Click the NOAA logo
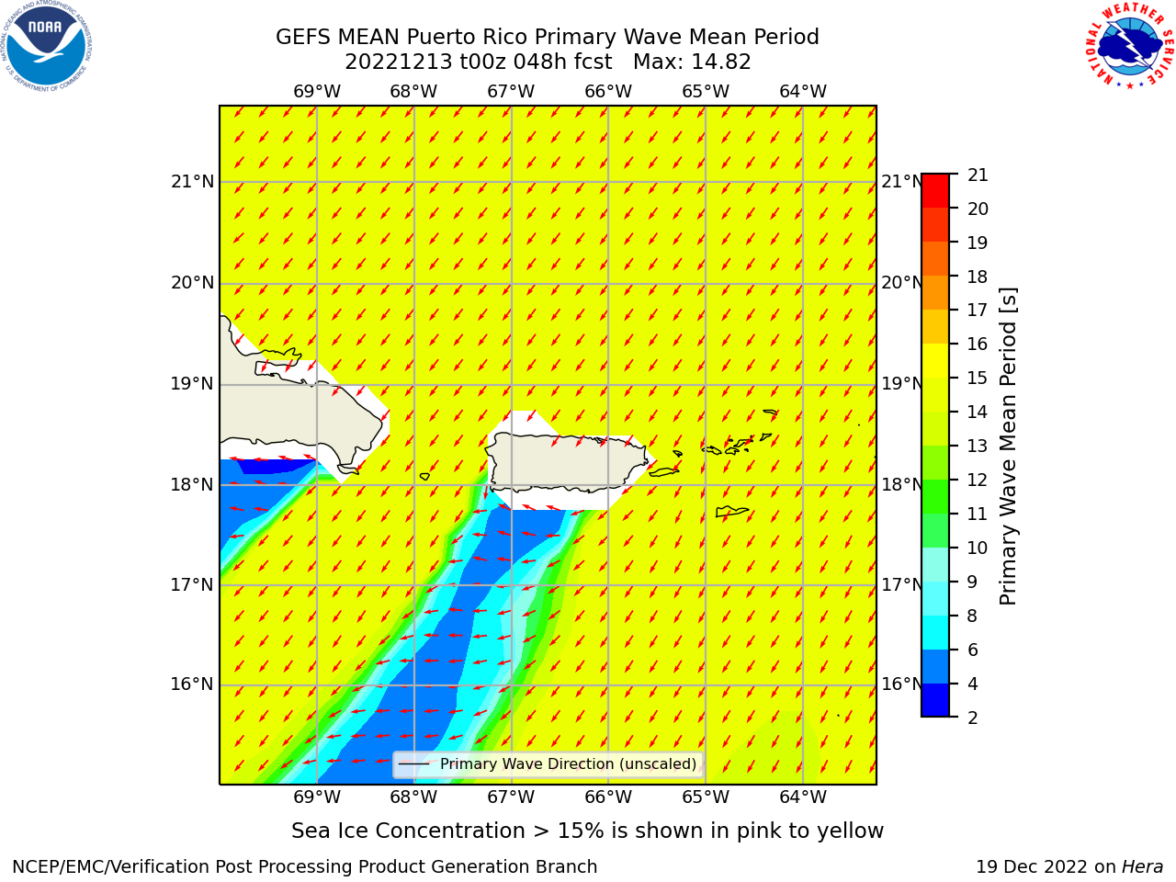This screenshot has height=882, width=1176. (x=46, y=46)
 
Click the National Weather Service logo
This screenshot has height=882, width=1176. (x=1129, y=46)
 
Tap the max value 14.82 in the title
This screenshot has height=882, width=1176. (x=720, y=62)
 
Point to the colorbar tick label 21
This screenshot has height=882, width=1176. (x=978, y=175)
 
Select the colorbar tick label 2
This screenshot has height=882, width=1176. (x=972, y=718)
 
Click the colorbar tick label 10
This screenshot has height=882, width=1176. (x=978, y=548)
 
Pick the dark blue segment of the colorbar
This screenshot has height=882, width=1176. (x=935, y=700)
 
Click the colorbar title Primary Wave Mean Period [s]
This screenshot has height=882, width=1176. (x=1008, y=447)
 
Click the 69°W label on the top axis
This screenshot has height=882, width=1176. (x=317, y=92)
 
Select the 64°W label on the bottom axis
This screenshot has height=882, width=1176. (x=803, y=797)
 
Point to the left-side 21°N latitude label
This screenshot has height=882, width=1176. (x=192, y=182)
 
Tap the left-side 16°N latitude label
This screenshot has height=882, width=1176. (x=192, y=684)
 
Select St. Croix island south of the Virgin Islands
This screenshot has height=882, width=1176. (x=732, y=512)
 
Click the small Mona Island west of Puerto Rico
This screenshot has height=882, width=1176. (x=424, y=476)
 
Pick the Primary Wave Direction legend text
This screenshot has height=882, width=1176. (x=568, y=763)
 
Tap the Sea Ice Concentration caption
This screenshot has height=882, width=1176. (x=587, y=831)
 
